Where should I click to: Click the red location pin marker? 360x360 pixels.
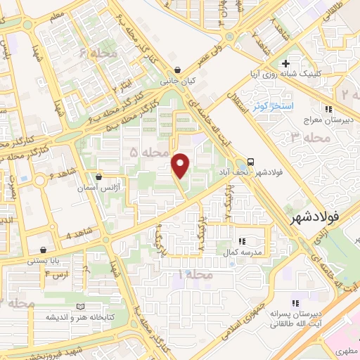coord(181,165)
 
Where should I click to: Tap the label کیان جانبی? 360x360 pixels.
coord(179,82)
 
